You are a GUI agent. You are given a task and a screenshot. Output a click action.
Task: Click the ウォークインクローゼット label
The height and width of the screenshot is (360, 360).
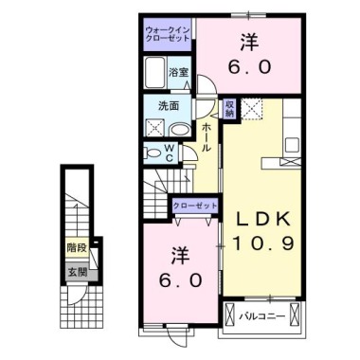tap(168, 37)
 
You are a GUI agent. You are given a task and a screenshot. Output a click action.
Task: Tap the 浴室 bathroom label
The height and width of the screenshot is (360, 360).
tap(179, 72)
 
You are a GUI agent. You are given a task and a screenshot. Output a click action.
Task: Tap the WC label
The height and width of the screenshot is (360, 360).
tap(169, 153)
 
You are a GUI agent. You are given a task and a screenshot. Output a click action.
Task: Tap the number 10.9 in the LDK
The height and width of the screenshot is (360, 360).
tap(264, 243)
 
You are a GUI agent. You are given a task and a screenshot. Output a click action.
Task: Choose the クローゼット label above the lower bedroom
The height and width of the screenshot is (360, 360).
tap(196, 206)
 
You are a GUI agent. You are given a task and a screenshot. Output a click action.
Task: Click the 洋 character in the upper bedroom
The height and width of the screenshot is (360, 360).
tap(249, 42)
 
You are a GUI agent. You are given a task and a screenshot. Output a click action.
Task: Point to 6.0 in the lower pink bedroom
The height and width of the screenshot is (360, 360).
tap(181, 280)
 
